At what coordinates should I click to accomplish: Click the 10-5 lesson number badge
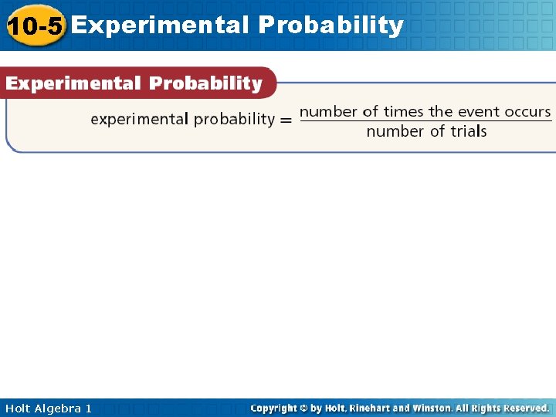click(x=35, y=25)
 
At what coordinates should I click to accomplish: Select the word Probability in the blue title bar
click(x=331, y=25)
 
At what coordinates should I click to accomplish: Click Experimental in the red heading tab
click(x=73, y=83)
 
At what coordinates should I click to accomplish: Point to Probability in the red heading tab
click(x=205, y=83)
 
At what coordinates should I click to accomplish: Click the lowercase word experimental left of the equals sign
click(x=139, y=119)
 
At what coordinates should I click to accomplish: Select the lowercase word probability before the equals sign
click(x=234, y=120)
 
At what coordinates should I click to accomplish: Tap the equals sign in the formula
click(x=286, y=120)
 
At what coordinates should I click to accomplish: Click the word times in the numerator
click(x=404, y=111)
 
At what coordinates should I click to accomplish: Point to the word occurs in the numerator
click(x=528, y=111)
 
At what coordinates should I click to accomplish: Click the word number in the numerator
click(x=328, y=111)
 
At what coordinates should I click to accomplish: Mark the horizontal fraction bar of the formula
click(x=425, y=121)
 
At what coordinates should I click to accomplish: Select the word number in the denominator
click(x=395, y=131)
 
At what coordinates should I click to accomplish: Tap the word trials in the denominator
click(x=469, y=131)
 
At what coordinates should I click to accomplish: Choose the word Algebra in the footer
click(x=59, y=408)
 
